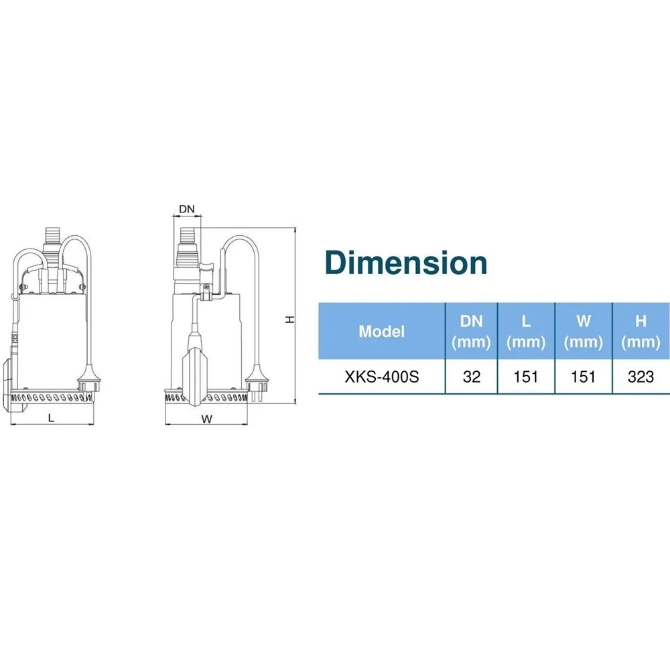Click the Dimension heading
[406, 263]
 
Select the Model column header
[382, 332]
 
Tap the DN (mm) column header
[471, 332]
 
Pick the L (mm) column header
[526, 332]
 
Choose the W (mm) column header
[584, 332]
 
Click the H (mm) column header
[641, 332]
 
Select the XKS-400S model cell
[382, 377]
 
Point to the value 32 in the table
[471, 377]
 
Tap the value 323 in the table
[641, 377]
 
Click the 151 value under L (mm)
[526, 377]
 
